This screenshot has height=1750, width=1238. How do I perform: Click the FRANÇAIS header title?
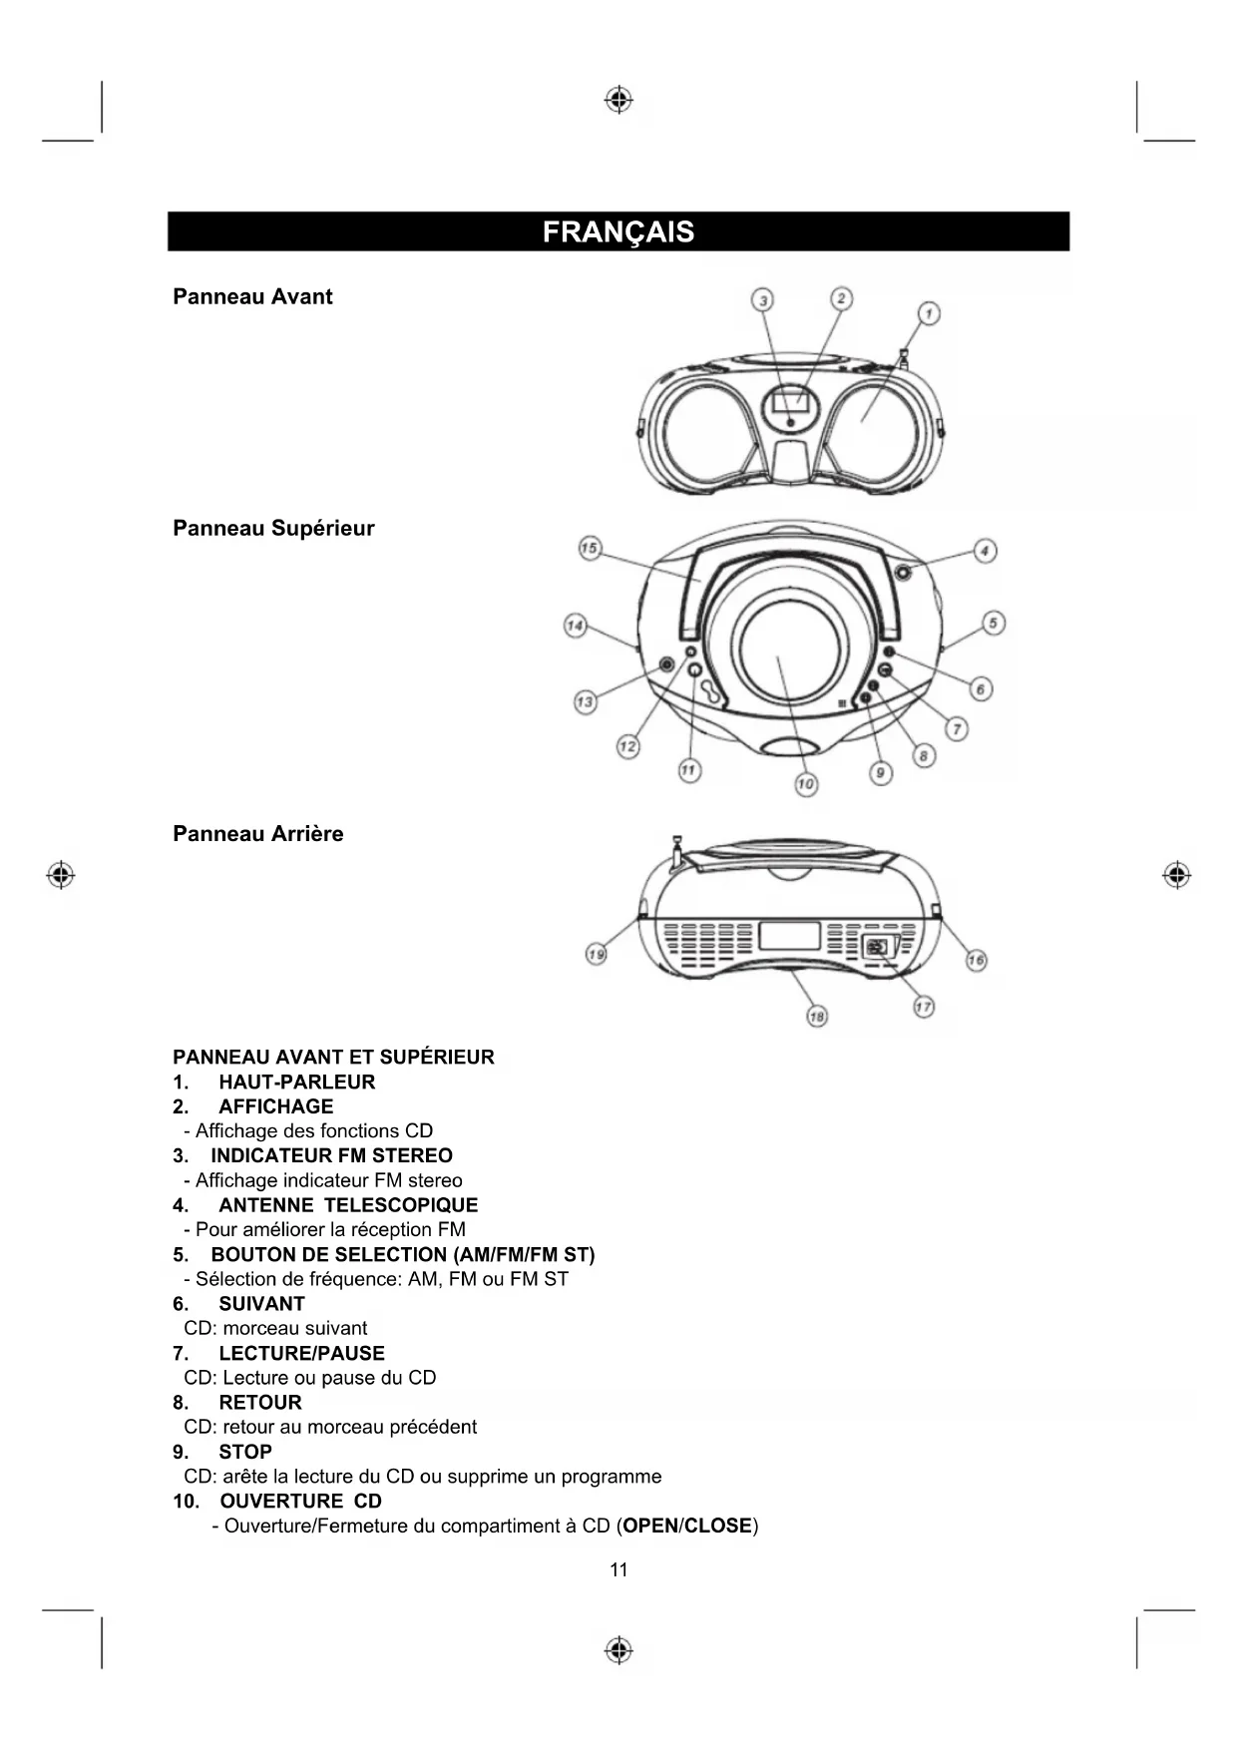(x=618, y=231)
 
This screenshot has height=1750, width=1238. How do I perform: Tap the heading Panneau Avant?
(x=252, y=296)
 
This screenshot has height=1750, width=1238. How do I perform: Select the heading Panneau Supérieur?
(x=273, y=528)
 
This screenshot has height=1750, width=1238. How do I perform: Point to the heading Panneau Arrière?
(x=257, y=833)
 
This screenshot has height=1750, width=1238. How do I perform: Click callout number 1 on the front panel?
(x=929, y=313)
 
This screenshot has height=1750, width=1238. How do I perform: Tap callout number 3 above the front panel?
(x=763, y=299)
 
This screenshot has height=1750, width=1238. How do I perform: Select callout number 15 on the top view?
(x=590, y=548)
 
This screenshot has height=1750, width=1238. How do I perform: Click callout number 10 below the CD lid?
(x=806, y=784)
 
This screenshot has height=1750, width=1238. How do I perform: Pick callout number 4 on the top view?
(x=985, y=551)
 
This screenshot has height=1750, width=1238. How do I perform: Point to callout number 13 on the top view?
(x=585, y=701)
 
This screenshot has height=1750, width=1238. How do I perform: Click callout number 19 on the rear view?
(x=596, y=954)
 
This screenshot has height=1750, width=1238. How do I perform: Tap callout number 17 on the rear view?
(x=924, y=1007)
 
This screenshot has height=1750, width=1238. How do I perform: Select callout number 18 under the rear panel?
(x=817, y=1016)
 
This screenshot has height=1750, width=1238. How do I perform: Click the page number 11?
(x=619, y=1569)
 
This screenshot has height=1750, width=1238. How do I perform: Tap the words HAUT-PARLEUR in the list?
(x=296, y=1082)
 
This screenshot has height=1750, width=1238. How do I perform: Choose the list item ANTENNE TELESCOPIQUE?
(x=348, y=1205)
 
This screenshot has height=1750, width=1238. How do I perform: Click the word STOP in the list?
(x=245, y=1452)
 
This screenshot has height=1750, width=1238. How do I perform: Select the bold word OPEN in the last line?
(x=649, y=1526)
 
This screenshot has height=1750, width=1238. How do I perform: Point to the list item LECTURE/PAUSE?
(x=301, y=1353)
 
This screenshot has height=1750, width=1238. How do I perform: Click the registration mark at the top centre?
(x=619, y=100)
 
